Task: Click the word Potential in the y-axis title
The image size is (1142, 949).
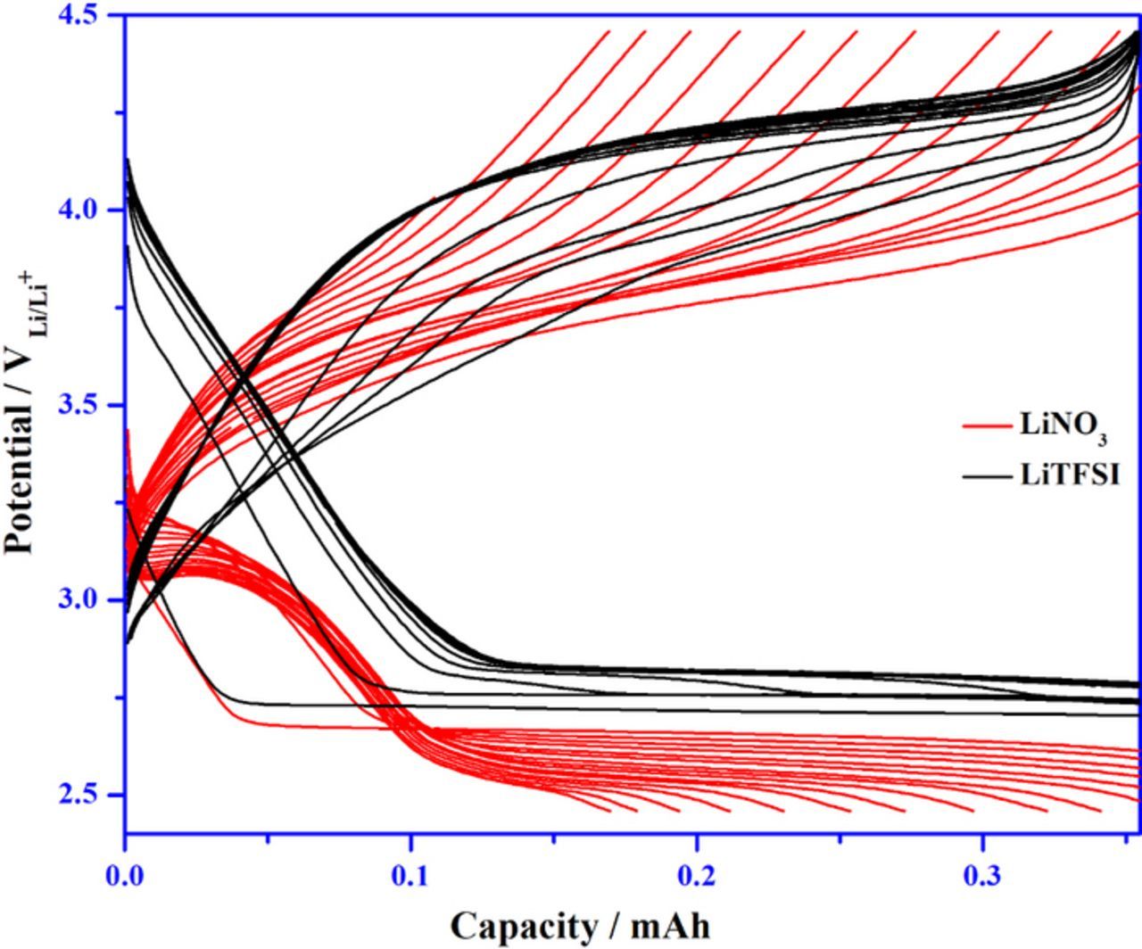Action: click(x=20, y=473)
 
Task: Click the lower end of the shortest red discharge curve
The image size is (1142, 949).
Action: click(x=610, y=811)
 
